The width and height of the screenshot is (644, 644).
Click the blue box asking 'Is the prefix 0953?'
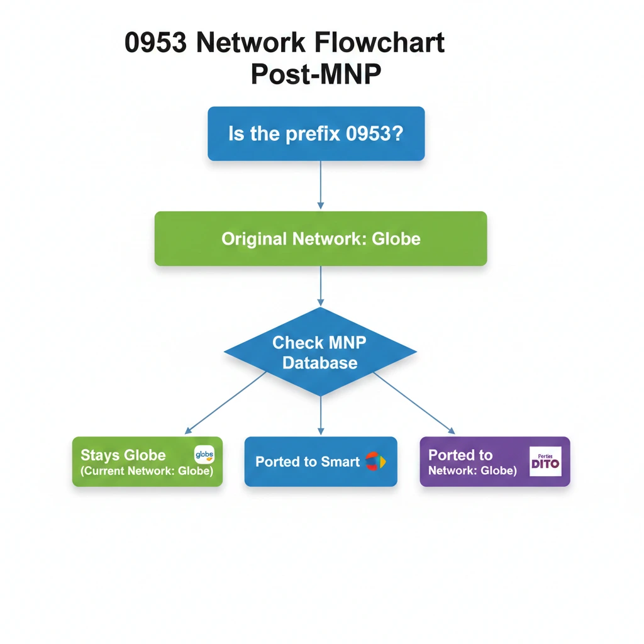pyautogui.click(x=316, y=133)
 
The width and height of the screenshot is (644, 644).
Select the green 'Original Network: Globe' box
pyautogui.click(x=321, y=238)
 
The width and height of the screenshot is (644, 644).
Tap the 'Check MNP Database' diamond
pyautogui.click(x=320, y=352)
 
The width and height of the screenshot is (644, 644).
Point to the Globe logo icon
pyautogui.click(x=204, y=454)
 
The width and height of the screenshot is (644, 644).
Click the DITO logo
pyautogui.click(x=545, y=462)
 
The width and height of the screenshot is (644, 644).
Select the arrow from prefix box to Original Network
pyautogui.click(x=321, y=185)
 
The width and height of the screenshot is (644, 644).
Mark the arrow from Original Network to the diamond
pyautogui.click(x=321, y=286)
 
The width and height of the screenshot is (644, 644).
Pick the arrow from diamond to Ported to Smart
pyautogui.click(x=321, y=415)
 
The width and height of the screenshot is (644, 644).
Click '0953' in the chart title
pyautogui.click(x=157, y=43)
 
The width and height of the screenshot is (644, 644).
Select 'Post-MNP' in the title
pyautogui.click(x=316, y=74)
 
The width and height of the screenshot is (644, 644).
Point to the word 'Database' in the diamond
pyautogui.click(x=320, y=363)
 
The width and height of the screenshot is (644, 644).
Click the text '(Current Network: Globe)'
pyautogui.click(x=147, y=471)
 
